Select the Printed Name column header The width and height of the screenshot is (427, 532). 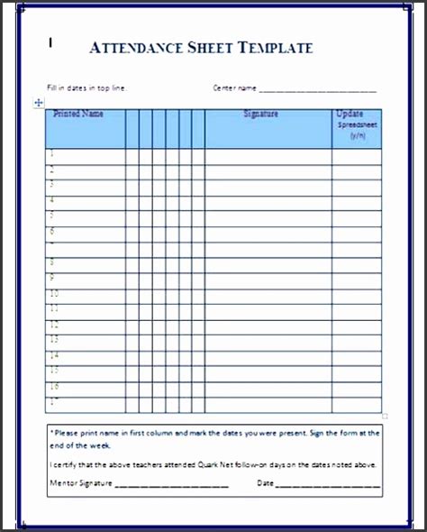coord(78,115)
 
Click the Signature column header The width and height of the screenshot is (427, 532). coord(260,115)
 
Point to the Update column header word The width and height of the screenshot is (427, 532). coord(350,115)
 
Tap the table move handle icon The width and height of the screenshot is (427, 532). coord(38,104)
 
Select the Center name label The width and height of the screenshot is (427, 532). coord(234,88)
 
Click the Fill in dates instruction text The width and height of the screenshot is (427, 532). coord(87,88)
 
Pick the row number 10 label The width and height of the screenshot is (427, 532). coord(54,294)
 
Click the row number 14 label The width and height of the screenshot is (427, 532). coord(54,355)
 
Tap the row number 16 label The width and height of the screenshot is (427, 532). coord(54,386)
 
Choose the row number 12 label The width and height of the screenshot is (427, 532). coord(54,325)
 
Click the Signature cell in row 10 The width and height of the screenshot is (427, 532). coord(268,294)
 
